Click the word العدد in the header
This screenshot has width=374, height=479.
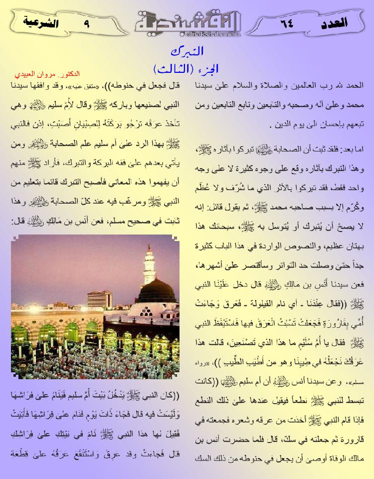pos(343,21)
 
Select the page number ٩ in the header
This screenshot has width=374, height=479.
pos(87,21)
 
